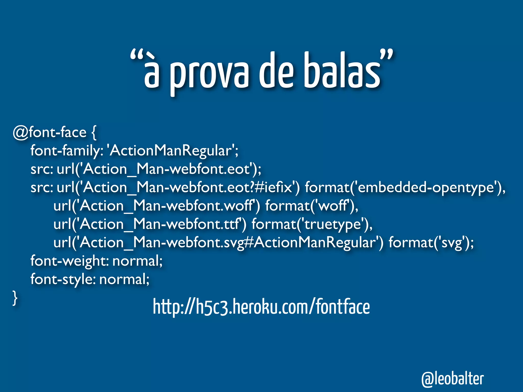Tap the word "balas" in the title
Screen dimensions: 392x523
click(x=342, y=70)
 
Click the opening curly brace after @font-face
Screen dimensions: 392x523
click(x=94, y=133)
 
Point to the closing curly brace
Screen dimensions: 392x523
click(x=15, y=298)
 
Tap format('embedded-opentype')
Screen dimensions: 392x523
click(x=405, y=188)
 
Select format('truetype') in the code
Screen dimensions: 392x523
click(x=312, y=224)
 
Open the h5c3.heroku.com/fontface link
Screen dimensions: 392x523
click(x=261, y=307)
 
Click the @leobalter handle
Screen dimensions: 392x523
click(x=453, y=379)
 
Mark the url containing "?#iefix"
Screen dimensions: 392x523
click(x=178, y=188)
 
